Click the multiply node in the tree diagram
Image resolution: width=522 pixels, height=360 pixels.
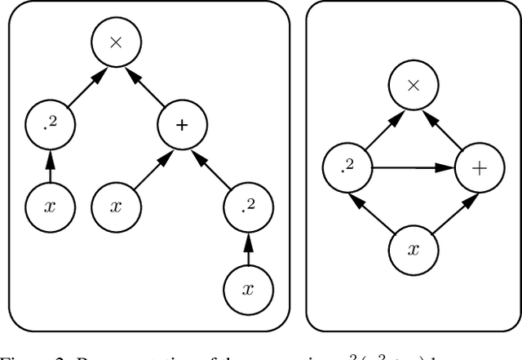tap(115, 44)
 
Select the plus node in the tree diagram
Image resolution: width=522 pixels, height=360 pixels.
tap(182, 125)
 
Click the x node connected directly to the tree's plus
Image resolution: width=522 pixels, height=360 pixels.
tap(115, 205)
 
